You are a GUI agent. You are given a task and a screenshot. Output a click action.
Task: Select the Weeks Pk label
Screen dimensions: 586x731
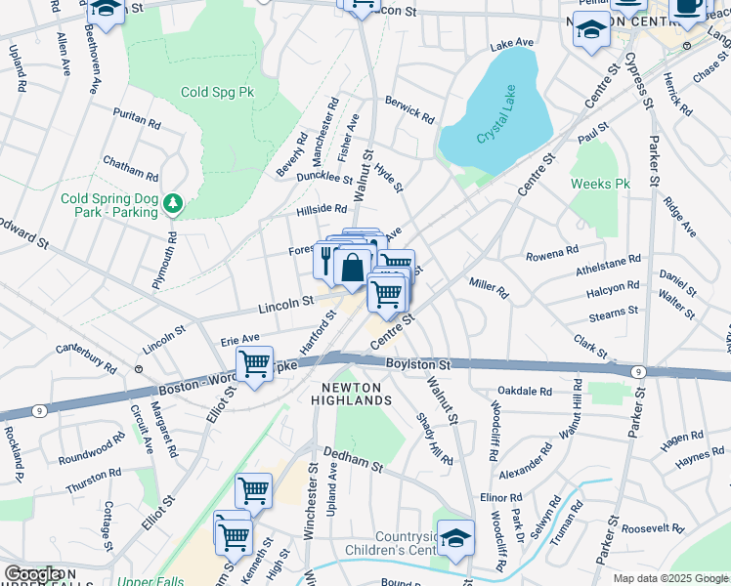[600, 184]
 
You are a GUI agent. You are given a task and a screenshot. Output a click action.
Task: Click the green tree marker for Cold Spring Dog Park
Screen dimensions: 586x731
[173, 203]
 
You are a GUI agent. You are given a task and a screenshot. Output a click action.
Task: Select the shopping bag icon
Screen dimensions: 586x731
[351, 266]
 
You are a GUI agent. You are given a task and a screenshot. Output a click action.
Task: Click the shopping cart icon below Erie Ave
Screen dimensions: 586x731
[254, 364]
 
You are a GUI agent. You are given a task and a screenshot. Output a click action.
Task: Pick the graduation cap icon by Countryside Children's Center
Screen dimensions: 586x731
[455, 536]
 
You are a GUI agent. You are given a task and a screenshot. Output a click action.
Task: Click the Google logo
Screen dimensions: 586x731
[32, 574]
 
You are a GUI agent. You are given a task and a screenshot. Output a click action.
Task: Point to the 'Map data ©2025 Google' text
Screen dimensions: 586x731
[670, 578]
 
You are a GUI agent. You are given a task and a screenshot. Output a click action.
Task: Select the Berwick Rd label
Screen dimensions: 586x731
[409, 108]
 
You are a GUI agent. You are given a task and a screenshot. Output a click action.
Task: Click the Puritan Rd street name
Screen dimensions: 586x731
[137, 117]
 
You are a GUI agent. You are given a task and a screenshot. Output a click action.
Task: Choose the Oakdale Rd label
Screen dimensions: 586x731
[525, 391]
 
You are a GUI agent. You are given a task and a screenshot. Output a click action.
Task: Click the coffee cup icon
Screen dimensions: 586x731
[687, 7]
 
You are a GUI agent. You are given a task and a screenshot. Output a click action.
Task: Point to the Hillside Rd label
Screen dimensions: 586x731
[322, 209]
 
